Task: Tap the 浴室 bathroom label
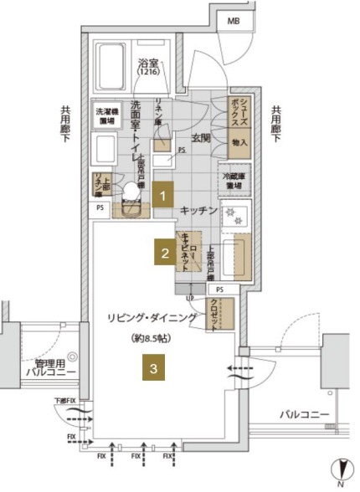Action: [x=149, y=64]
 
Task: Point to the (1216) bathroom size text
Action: [x=149, y=74]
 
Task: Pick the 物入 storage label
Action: [x=240, y=144]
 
